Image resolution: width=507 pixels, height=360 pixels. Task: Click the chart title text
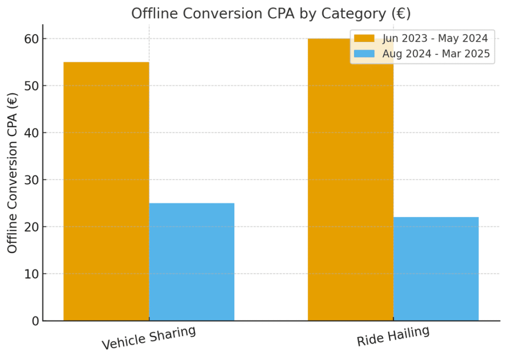(270, 13)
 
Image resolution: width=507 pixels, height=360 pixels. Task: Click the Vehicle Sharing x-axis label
(149, 338)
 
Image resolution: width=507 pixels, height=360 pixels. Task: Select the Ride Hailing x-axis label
(393, 337)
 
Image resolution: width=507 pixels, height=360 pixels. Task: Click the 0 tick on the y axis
(34, 321)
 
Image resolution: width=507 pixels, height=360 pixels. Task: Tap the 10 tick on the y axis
(31, 274)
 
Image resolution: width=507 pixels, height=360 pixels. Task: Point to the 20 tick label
(31, 227)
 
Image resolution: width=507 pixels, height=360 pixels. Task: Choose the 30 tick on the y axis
(31, 180)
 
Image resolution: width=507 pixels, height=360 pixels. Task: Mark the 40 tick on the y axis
(31, 133)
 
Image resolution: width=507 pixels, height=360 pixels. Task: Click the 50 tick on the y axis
(31, 86)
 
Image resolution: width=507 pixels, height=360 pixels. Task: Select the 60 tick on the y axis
(31, 39)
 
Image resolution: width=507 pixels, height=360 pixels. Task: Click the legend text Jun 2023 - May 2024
(435, 38)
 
